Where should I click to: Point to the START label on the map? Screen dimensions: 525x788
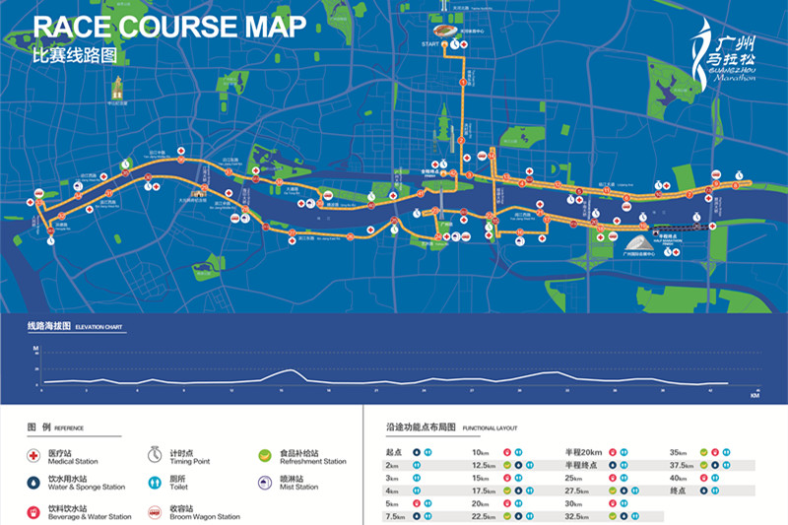click(429, 44)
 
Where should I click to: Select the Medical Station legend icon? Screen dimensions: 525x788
click(36, 455)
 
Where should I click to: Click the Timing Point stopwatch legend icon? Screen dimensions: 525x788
click(155, 455)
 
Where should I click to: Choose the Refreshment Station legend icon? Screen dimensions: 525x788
click(264, 455)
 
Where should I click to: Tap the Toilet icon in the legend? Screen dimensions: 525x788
click(155, 483)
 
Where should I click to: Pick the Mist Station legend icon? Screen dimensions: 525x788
click(264, 483)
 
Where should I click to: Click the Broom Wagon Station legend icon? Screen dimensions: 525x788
click(155, 511)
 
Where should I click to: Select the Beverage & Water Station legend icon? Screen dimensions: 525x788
click(36, 511)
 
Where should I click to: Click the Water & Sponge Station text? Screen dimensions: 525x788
click(87, 487)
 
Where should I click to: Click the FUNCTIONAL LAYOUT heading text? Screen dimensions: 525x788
click(492, 428)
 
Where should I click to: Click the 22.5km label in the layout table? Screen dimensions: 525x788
click(484, 515)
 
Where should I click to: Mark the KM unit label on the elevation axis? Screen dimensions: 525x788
click(754, 397)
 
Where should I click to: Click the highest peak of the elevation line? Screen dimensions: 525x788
click(290, 370)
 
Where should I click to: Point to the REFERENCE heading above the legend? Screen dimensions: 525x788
click(69, 428)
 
